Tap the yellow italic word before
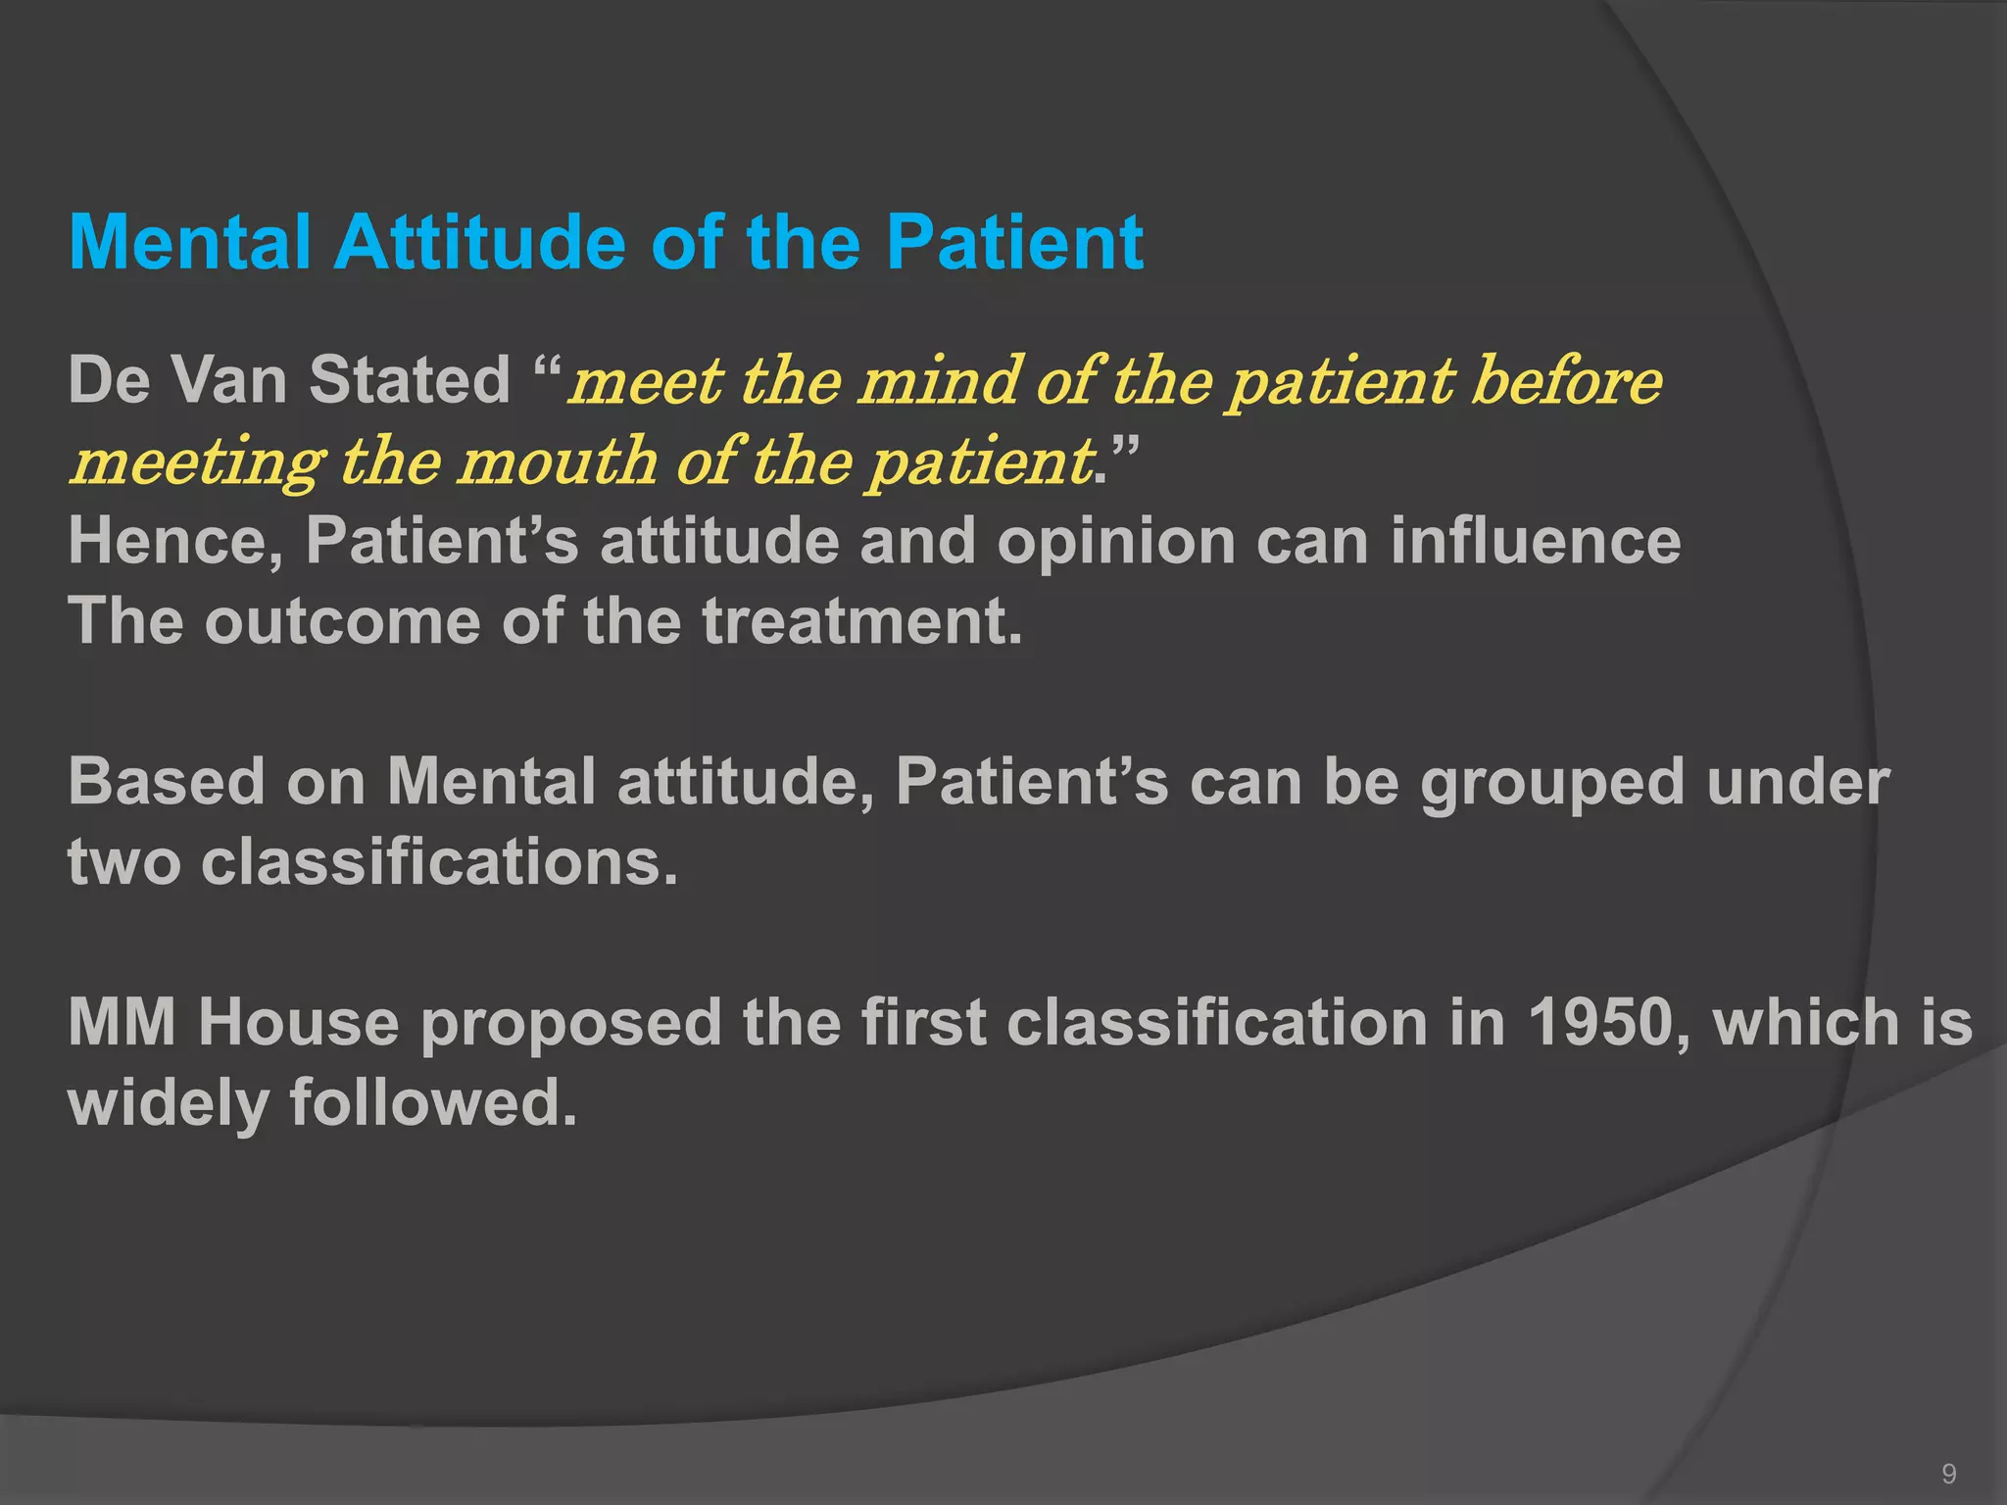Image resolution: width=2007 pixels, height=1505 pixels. click(1566, 380)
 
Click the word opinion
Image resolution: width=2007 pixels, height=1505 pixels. click(1115, 541)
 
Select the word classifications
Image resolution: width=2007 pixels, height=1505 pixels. click(439, 862)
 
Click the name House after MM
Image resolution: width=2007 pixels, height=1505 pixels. click(298, 1023)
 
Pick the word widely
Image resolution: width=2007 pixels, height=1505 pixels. click(168, 1103)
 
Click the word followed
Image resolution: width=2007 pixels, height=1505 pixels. click(432, 1103)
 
